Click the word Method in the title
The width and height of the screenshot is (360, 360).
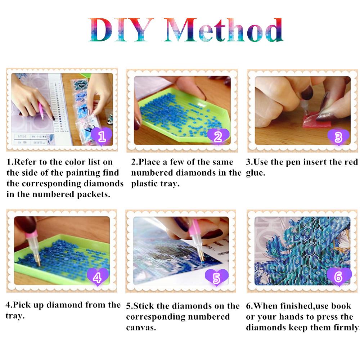[x=223, y=30]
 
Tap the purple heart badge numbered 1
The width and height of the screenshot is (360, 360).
[x=102, y=136]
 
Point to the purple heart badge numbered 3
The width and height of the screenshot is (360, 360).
[x=338, y=137]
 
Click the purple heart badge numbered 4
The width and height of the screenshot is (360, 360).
[x=97, y=278]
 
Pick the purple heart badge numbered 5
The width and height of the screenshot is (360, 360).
[x=217, y=278]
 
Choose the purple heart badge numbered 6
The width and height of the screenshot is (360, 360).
[x=338, y=277]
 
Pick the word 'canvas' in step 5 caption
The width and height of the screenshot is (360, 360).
[x=141, y=328]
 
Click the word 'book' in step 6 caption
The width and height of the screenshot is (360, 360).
[x=341, y=306]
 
